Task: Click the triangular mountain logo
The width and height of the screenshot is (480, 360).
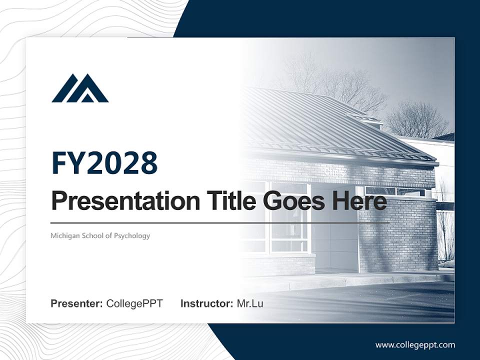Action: click(x=80, y=88)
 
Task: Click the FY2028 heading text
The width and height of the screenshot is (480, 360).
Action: click(x=104, y=162)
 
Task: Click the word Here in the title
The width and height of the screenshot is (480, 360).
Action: click(x=359, y=201)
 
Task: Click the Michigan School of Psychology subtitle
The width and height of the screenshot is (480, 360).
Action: click(x=100, y=235)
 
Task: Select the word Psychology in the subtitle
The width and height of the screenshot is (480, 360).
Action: click(x=132, y=236)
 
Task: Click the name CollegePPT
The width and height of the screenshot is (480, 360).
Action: click(x=134, y=303)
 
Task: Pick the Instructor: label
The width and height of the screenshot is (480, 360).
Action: click(x=206, y=303)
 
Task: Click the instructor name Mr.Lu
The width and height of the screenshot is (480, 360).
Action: click(x=250, y=303)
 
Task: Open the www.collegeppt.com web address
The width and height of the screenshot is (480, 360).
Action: click(x=415, y=345)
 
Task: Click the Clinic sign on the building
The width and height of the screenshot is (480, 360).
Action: click(x=334, y=172)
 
